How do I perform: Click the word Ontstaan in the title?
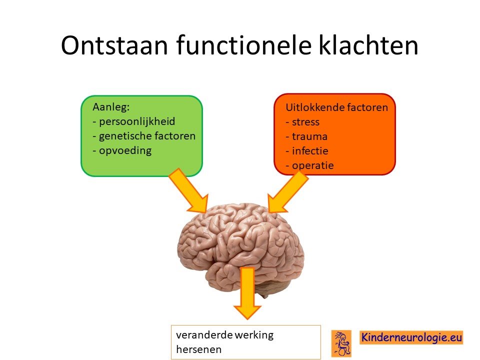[114, 45]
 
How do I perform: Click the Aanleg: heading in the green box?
[111, 107]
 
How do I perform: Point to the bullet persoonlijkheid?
[134, 121]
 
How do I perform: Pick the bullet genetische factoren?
[144, 136]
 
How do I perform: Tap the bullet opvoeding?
[122, 150]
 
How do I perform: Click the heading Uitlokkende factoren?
[336, 107]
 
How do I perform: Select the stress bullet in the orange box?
[302, 122]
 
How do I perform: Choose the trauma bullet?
[306, 136]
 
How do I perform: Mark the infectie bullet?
[306, 150]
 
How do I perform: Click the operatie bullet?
[309, 165]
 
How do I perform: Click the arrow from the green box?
[188, 190]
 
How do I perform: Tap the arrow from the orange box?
[288, 192]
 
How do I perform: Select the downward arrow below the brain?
[247, 293]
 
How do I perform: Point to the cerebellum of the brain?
[272, 289]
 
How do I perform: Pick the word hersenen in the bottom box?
[198, 349]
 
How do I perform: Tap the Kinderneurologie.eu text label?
[411, 337]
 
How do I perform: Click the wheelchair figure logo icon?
[341, 343]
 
